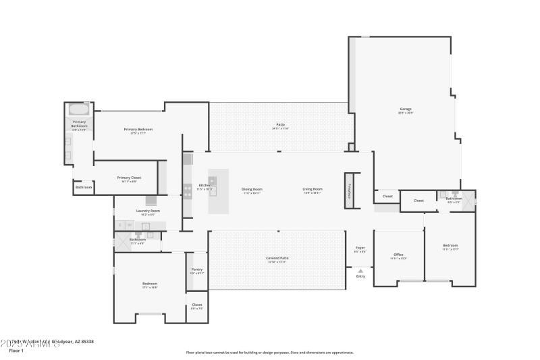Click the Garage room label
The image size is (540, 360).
pyautogui.click(x=406, y=109)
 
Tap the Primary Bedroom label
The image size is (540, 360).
pyautogui.click(x=138, y=129)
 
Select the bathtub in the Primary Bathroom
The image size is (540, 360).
pyautogui.click(x=78, y=109)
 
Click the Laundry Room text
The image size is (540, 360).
pyautogui.click(x=148, y=211)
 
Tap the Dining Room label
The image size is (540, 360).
pyautogui.click(x=252, y=189)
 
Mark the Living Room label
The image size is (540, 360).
pyautogui.click(x=313, y=189)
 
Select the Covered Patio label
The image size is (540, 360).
pyautogui.click(x=277, y=258)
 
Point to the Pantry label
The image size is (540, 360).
pyautogui.click(x=196, y=269)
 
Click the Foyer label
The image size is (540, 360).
pyautogui.click(x=360, y=248)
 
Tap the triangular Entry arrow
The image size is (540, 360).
pyautogui.click(x=360, y=270)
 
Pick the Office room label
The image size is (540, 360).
pyautogui.click(x=398, y=255)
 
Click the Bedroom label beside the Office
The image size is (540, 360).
pyautogui.click(x=450, y=245)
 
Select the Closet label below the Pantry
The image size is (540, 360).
pyautogui.click(x=196, y=305)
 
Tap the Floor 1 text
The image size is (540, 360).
pyautogui.click(x=18, y=351)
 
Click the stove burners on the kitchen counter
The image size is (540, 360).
pyautogui.click(x=187, y=190)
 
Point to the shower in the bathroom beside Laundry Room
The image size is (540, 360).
pyautogui.click(x=123, y=240)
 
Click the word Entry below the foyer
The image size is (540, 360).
pyautogui.click(x=360, y=276)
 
